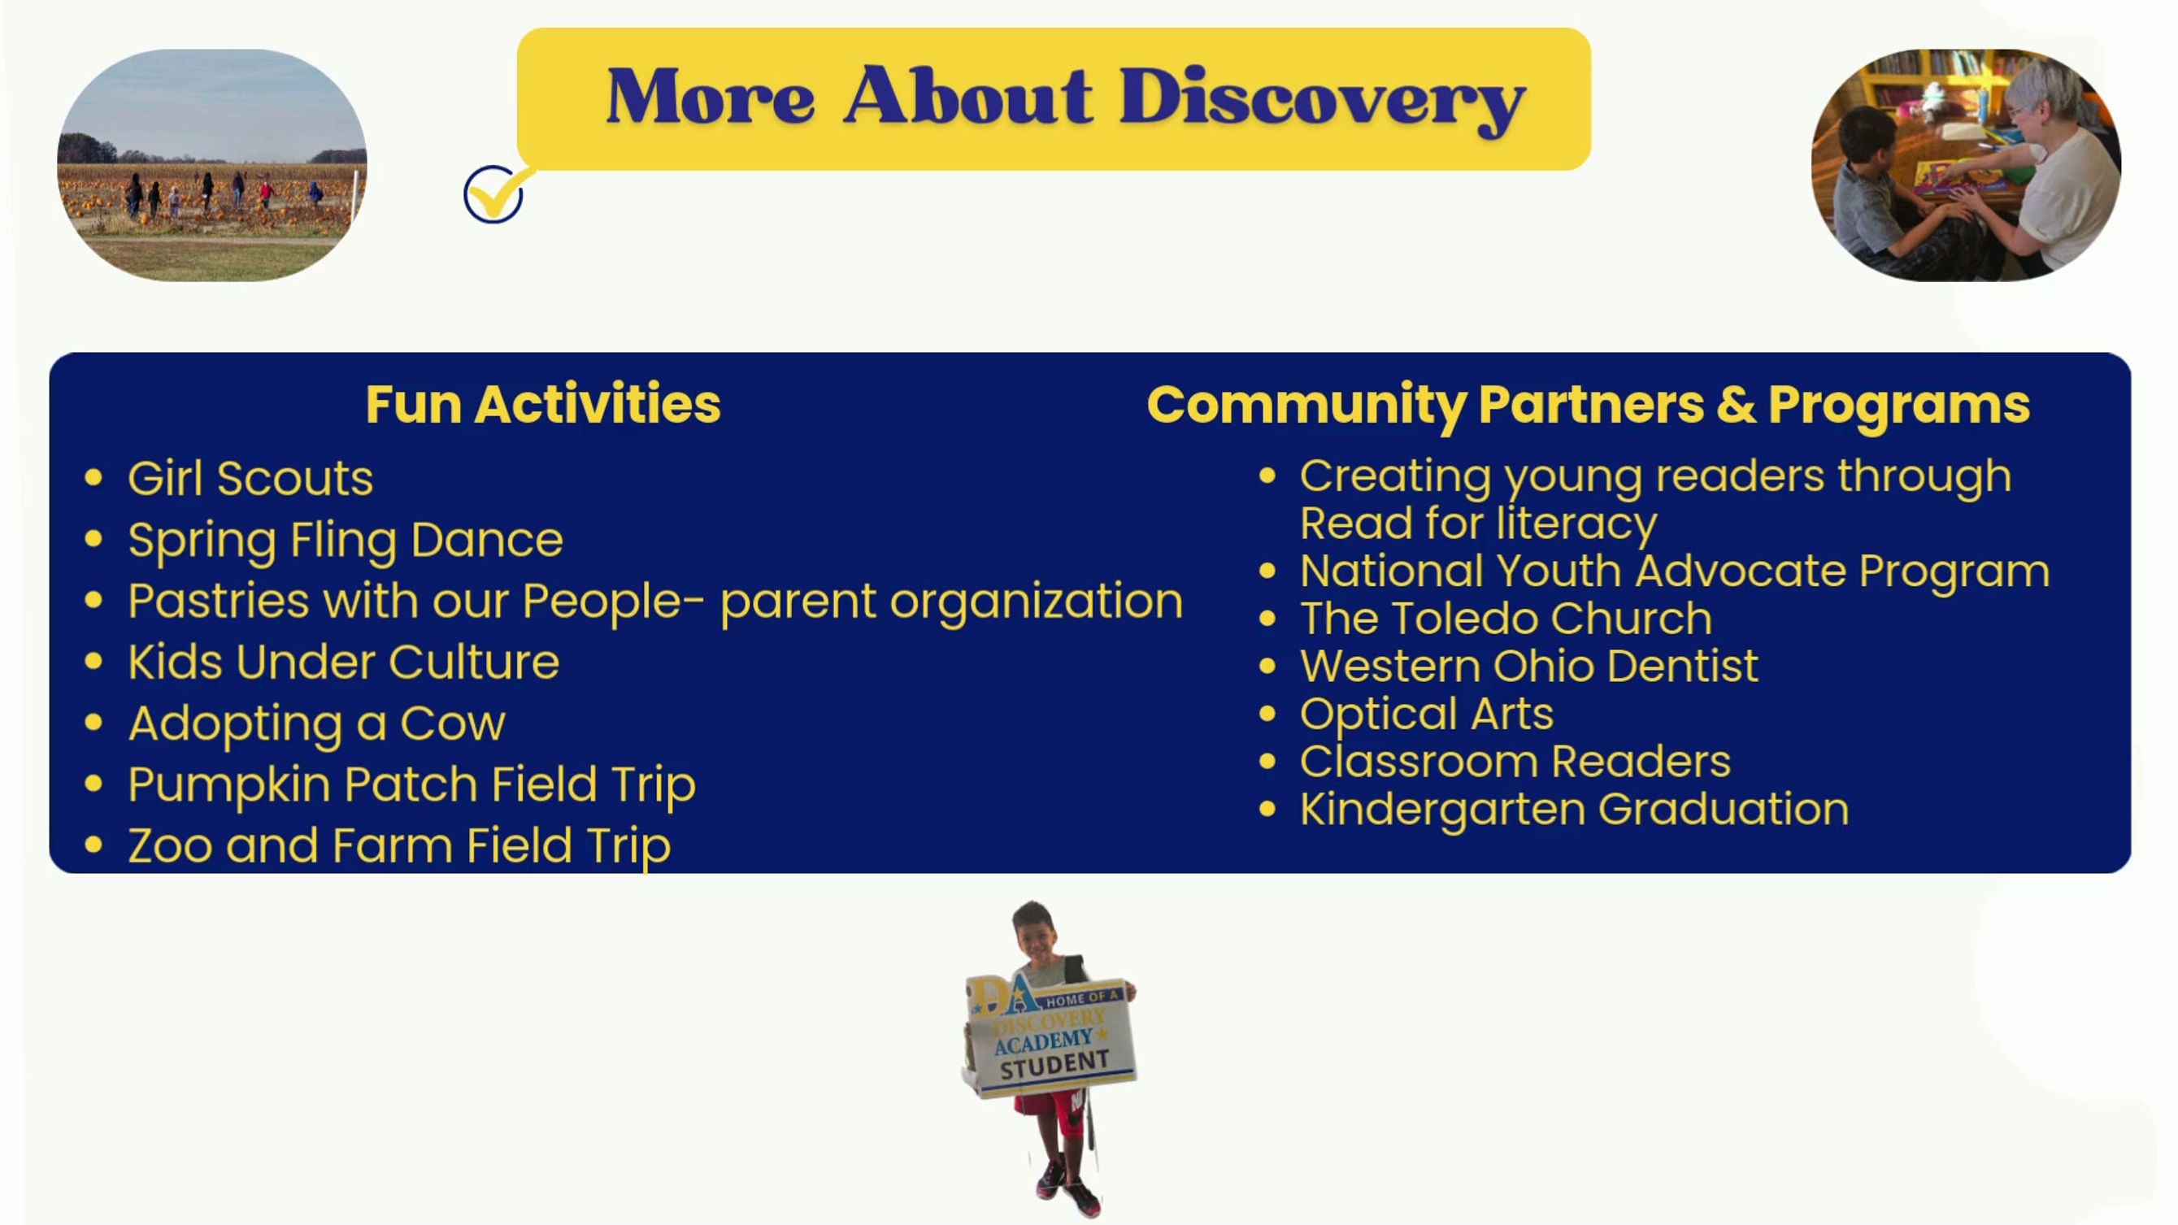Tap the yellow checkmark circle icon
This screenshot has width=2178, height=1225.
point(493,193)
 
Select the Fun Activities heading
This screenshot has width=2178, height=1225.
point(543,404)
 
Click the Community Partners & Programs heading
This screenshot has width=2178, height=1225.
point(1588,406)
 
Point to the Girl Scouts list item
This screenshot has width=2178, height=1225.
point(250,478)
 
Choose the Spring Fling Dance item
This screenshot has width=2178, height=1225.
point(345,541)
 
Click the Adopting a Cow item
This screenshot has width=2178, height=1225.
point(317,723)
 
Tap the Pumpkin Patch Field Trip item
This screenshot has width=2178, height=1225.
point(411,785)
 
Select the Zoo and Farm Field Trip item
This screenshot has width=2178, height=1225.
point(399,846)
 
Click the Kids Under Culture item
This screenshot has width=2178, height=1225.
point(343,662)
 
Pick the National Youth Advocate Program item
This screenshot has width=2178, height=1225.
point(1675,571)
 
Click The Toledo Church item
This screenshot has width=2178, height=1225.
point(1506,619)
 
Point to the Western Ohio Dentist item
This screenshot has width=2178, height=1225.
point(1529,667)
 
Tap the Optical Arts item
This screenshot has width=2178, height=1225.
point(1427,715)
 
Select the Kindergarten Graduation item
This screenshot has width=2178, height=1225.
point(1574,810)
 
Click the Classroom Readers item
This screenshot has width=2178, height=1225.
point(1515,762)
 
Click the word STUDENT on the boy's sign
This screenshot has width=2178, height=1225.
point(1054,1065)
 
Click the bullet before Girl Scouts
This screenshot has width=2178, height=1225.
point(93,478)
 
